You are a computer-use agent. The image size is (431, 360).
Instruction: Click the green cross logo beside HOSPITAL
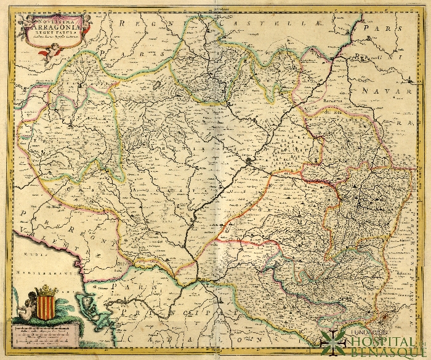click(x=332, y=342)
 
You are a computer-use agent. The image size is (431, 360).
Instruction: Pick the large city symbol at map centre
click(x=249, y=162)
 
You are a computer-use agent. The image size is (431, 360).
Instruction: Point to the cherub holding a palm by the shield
click(x=25, y=305)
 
